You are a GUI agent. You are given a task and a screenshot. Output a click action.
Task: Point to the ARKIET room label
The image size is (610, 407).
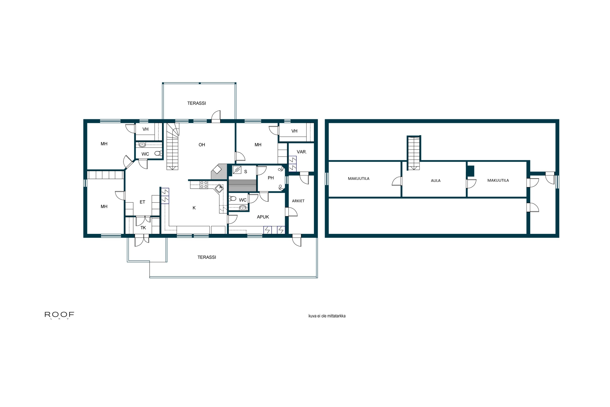coord(298,201)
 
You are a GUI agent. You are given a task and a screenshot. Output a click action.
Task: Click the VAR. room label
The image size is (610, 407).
coord(302,152)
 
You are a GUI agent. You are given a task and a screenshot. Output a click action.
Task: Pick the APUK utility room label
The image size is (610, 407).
coord(263,217)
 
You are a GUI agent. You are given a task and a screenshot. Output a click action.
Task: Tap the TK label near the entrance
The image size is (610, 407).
coord(143,228)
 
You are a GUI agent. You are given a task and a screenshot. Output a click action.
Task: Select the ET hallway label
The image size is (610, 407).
coord(142,202)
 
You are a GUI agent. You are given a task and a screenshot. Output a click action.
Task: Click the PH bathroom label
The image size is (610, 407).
coord(270,178)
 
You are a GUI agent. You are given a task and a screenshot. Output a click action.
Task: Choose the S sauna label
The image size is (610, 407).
coord(245,172)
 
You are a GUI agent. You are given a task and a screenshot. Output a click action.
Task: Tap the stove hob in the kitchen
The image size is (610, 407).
coord(204,185)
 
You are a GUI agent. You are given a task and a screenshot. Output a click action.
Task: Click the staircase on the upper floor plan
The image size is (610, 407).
coord(413,153)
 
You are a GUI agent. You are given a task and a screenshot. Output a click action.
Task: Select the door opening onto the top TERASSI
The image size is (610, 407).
coord(216,117)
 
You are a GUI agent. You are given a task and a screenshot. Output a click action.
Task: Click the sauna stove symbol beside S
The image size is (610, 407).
coord(237,170)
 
